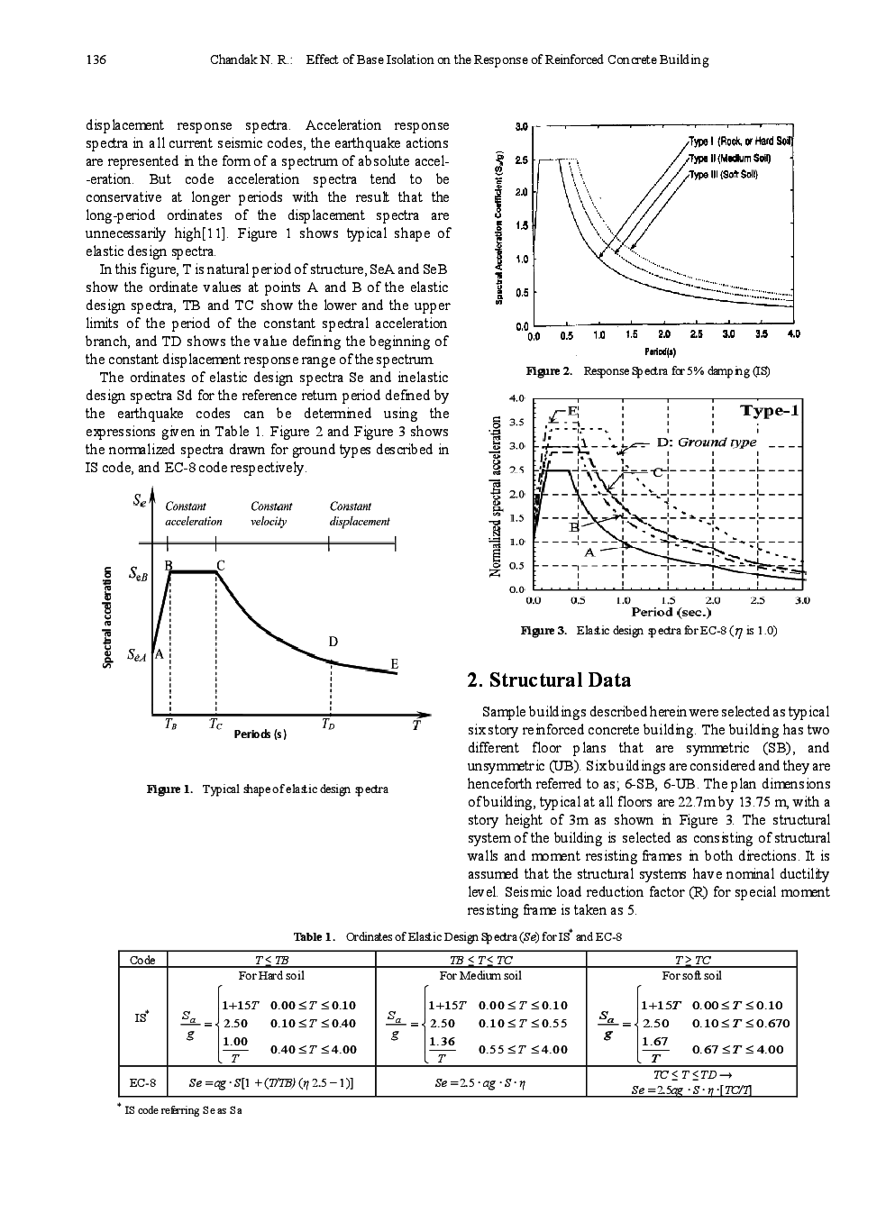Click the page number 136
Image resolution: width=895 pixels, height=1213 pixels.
tap(96, 60)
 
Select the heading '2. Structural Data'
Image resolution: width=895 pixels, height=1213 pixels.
tap(550, 680)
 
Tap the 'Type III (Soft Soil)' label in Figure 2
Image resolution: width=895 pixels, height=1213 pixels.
tap(724, 174)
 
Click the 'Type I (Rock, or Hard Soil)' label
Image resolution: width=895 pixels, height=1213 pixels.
tap(740, 141)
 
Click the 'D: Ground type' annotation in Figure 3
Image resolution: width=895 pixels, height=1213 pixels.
tap(706, 442)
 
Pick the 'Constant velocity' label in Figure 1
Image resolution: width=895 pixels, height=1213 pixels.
tap(270, 514)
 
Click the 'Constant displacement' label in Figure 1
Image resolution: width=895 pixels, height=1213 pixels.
tap(359, 514)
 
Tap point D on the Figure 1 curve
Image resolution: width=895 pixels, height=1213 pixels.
tap(333, 661)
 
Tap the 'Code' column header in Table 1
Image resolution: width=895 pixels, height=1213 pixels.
tap(142, 960)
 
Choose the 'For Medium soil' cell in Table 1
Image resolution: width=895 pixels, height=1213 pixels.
tap(479, 975)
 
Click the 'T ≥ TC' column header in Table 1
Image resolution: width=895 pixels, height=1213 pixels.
tap(691, 960)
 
